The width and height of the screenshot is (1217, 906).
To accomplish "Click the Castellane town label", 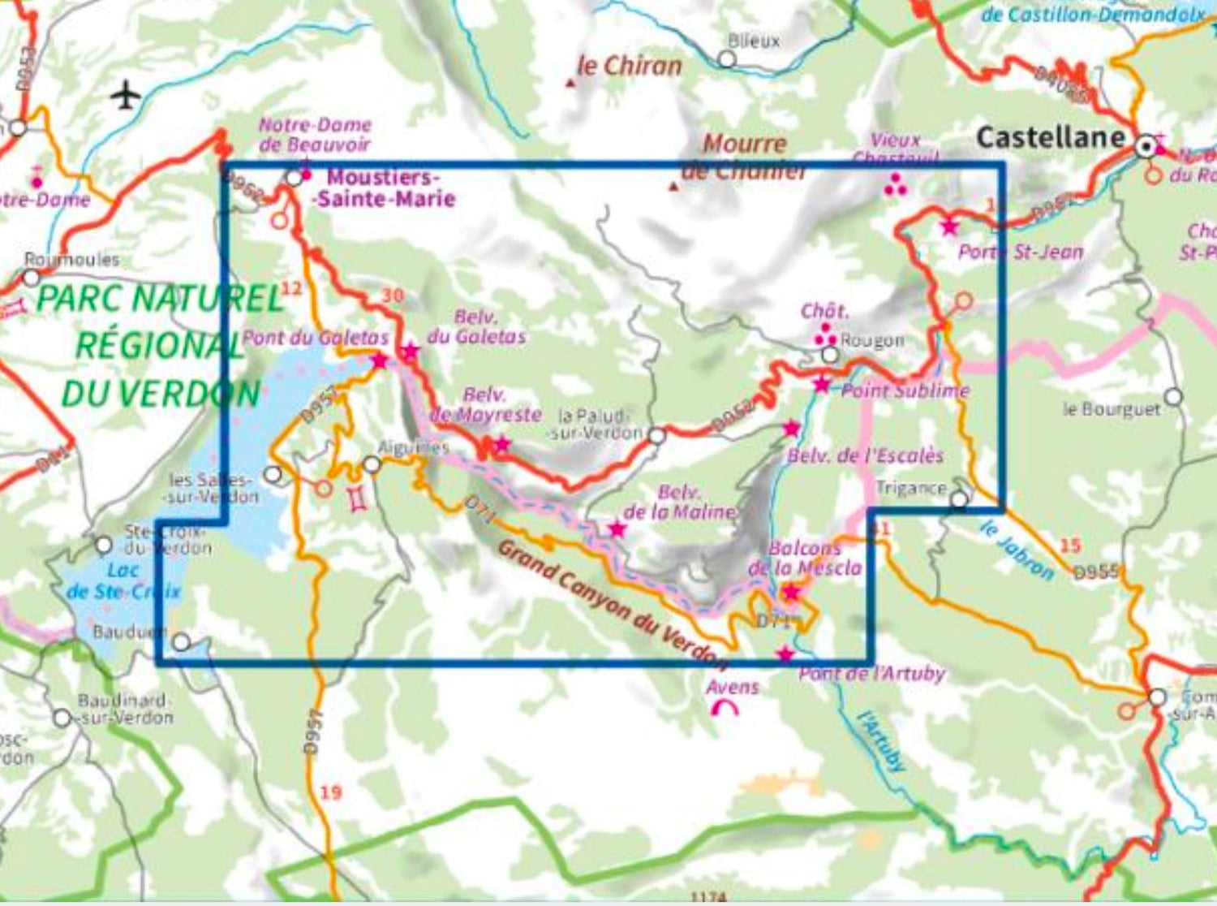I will point(1051,137).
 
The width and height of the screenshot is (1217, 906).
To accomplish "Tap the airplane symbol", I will point(125,95).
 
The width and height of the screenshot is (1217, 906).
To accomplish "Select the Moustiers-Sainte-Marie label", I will point(385,188).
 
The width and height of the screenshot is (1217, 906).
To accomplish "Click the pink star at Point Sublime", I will point(822,384).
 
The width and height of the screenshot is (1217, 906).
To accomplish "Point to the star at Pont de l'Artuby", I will point(785,654).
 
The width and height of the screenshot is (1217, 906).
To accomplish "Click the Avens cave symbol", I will point(724,709).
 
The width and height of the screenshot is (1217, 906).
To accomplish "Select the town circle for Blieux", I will point(727,59).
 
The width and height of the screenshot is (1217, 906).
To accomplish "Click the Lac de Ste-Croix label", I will point(122,580).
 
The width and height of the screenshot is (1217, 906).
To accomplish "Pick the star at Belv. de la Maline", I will point(617,529).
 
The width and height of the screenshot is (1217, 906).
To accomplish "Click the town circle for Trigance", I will point(959,498).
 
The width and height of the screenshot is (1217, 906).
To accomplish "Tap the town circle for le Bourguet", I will point(1173,398).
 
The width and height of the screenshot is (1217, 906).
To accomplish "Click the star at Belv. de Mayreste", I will point(502,443).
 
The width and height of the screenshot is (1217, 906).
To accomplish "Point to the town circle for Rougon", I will point(829,355).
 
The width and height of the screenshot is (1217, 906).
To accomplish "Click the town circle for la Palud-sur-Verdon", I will point(656,437).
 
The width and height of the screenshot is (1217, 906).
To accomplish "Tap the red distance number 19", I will point(330,792).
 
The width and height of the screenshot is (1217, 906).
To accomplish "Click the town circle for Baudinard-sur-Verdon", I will point(62,718).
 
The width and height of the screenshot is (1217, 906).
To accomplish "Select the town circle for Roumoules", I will point(31,278).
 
